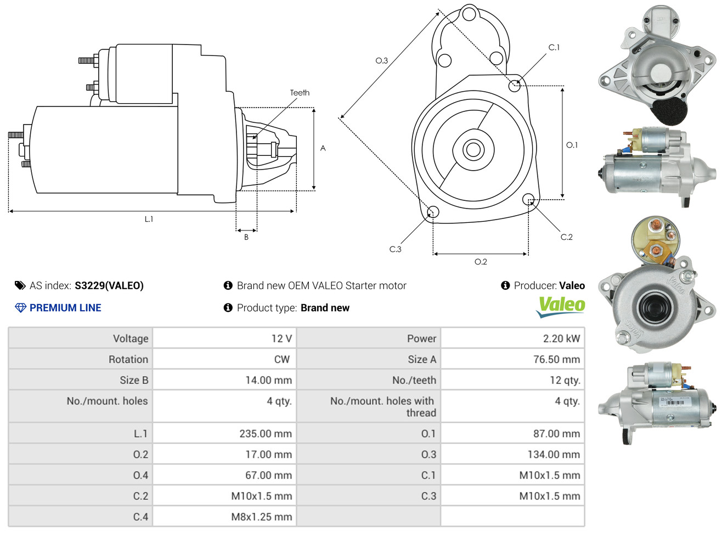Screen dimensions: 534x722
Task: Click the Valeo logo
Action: [561, 306]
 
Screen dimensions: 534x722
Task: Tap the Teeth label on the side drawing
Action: [300, 93]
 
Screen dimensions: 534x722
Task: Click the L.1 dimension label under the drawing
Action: [149, 219]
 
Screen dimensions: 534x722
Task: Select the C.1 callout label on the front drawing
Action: [554, 48]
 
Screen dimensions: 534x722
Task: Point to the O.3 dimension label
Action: [381, 61]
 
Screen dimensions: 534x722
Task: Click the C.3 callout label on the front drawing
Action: [395, 249]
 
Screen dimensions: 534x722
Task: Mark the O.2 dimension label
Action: [481, 262]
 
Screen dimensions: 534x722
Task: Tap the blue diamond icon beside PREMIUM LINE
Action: [20, 308]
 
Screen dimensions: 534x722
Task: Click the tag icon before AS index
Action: [20, 285]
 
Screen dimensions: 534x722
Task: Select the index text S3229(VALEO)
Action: [109, 285]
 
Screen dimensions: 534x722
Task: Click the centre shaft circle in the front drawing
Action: [472, 149]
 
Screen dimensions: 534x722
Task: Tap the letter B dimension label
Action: [246, 237]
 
